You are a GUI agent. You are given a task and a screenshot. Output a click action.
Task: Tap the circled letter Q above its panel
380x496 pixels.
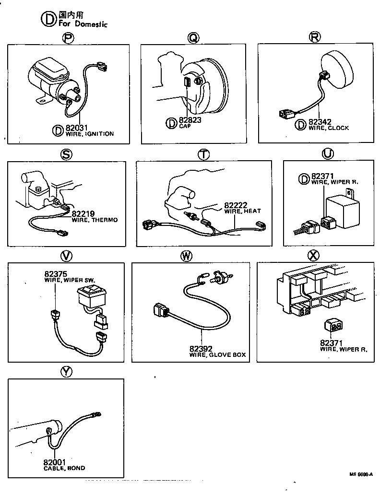[x=193, y=38]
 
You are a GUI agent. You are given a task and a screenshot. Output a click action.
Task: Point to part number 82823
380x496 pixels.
[x=190, y=120]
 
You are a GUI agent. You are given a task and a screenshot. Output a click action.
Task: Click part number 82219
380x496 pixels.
[x=83, y=214]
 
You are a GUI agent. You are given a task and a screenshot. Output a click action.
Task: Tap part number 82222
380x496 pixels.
[x=236, y=205]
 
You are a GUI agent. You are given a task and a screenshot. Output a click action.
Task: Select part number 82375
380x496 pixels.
[x=55, y=274]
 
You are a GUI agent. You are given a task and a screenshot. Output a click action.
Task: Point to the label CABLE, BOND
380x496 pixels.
[x=64, y=468]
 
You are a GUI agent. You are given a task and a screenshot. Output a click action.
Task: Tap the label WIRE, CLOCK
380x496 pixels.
[x=329, y=129]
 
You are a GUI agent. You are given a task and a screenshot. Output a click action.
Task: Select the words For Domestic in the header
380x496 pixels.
[x=83, y=24]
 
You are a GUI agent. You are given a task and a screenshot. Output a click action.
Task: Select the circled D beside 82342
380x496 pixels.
[x=300, y=125]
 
